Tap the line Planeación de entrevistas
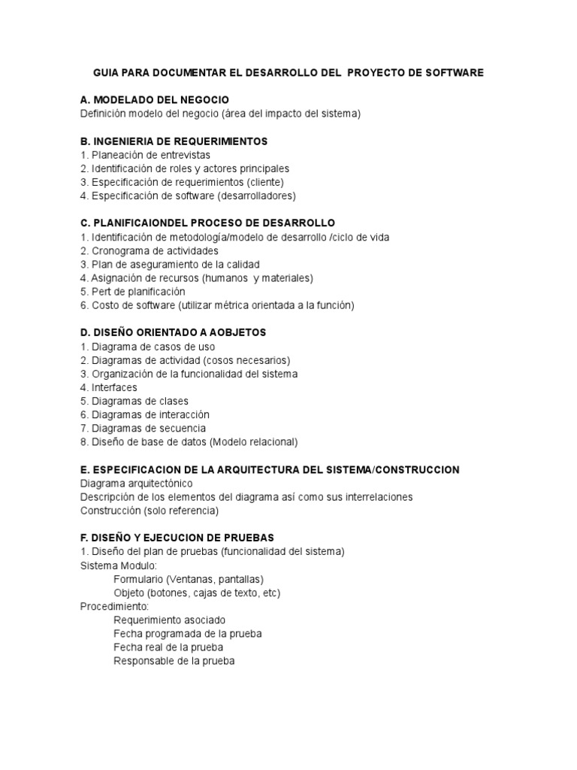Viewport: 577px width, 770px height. [x=146, y=155]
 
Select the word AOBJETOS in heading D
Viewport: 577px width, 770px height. [x=236, y=332]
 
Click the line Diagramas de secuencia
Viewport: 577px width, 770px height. [x=142, y=428]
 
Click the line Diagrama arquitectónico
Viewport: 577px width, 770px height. [x=136, y=483]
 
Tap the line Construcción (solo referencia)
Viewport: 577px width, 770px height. [x=149, y=511]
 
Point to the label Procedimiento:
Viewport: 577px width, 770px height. [x=114, y=606]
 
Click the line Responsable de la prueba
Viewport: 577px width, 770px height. [x=174, y=661]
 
